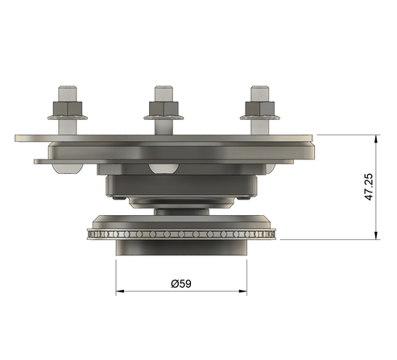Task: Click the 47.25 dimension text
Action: tap(369, 186)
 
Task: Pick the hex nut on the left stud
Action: tap(64, 108)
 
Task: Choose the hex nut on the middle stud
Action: tap(163, 108)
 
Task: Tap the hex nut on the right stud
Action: tap(258, 108)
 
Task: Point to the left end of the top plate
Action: tap(19, 138)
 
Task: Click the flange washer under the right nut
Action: tap(258, 120)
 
